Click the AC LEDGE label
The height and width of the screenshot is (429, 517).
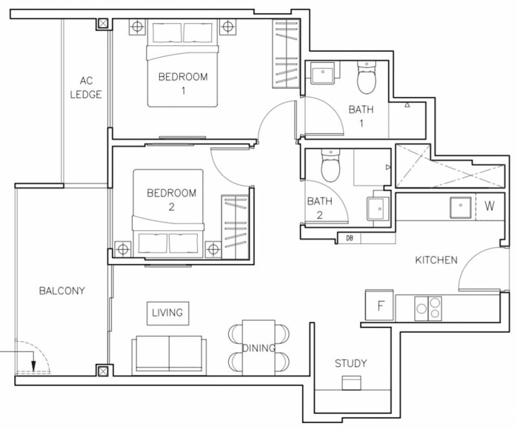(86, 87)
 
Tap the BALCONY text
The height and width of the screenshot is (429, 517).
(62, 291)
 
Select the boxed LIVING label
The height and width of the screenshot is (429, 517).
(168, 313)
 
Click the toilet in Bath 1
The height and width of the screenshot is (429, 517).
(366, 78)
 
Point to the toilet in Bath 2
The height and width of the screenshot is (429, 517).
(330, 165)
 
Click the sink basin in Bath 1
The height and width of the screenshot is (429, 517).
(322, 72)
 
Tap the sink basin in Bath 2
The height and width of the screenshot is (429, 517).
(378, 209)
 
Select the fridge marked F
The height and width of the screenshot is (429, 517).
(379, 306)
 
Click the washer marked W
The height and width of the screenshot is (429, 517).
(490, 206)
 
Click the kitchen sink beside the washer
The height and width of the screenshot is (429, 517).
(461, 207)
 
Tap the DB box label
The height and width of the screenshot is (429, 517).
(350, 237)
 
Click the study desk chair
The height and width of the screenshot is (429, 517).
(352, 383)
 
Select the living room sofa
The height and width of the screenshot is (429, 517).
(169, 355)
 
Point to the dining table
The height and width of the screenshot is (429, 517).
(259, 348)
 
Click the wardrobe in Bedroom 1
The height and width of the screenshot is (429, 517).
(286, 54)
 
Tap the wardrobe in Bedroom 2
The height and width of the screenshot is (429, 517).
(235, 227)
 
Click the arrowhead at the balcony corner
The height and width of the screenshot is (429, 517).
(34, 366)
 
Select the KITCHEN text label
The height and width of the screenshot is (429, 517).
(436, 260)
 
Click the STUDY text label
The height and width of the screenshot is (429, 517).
(351, 363)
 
